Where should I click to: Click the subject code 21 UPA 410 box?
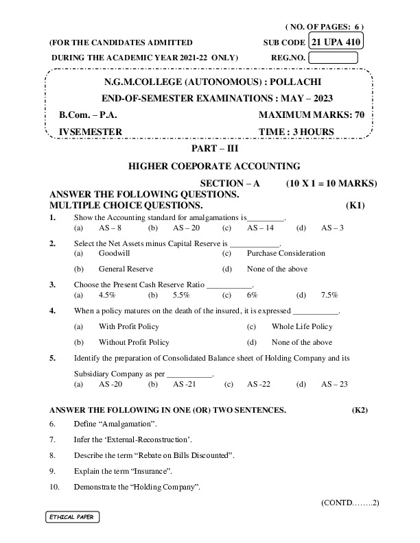(x=336, y=42)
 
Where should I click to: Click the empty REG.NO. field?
(x=338, y=58)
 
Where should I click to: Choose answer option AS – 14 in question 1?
(x=260, y=228)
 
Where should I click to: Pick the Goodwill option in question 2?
(x=114, y=253)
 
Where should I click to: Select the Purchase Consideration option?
(x=285, y=253)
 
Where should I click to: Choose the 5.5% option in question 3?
(x=181, y=295)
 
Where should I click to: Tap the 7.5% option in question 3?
(x=329, y=295)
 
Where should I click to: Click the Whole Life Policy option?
(x=301, y=326)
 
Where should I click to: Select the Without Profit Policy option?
(x=134, y=342)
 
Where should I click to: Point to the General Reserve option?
(x=126, y=269)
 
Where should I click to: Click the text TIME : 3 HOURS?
(x=296, y=132)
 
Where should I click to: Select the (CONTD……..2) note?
(x=350, y=503)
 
